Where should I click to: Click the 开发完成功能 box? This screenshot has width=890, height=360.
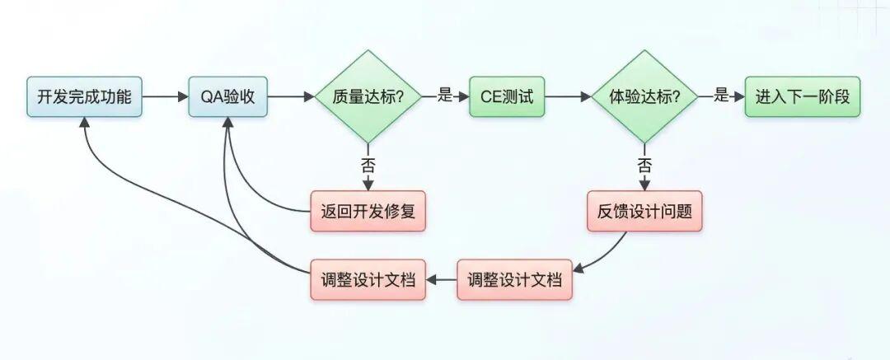click(x=84, y=96)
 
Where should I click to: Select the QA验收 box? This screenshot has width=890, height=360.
click(x=227, y=96)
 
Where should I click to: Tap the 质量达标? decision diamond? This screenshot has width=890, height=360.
click(x=368, y=96)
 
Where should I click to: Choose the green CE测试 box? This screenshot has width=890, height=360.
click(x=507, y=96)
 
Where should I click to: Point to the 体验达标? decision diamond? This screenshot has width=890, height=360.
click(x=644, y=96)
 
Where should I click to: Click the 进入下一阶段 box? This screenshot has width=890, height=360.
click(x=803, y=96)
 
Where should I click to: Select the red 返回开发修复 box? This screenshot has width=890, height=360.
click(x=368, y=211)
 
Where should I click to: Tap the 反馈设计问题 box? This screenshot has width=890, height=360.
click(x=644, y=211)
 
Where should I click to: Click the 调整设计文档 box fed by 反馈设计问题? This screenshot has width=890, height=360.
click(x=514, y=279)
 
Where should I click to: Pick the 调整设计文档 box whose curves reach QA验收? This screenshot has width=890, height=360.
click(x=368, y=279)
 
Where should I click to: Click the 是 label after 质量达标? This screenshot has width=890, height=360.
click(x=445, y=96)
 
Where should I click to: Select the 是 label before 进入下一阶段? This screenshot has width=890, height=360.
click(x=721, y=96)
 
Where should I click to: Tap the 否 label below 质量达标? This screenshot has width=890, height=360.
click(x=368, y=164)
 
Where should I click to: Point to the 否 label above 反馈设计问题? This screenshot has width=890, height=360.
click(x=644, y=164)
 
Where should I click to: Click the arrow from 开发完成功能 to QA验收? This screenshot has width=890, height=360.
click(x=165, y=96)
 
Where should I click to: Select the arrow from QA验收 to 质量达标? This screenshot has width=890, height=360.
click(x=291, y=96)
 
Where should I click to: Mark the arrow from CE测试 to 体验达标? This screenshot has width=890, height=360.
click(x=567, y=96)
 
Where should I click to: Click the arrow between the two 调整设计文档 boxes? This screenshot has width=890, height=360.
click(x=441, y=279)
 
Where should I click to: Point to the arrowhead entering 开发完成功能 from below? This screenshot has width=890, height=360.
click(x=84, y=121)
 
